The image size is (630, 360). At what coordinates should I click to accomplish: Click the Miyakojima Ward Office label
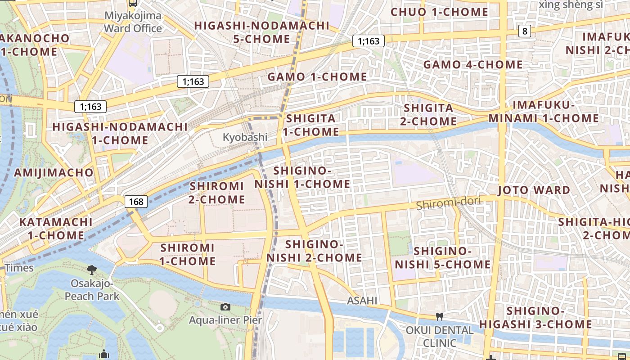pos(133,22)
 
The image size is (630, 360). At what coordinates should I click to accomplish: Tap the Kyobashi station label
pos(245,137)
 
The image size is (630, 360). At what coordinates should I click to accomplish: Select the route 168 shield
pos(136,201)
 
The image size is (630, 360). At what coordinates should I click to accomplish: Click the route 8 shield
pos(524,31)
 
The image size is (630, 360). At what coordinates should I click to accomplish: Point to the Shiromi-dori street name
pos(448,203)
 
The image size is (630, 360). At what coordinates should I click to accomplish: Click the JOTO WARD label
pos(534,190)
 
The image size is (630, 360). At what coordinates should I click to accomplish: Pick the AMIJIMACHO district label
pos(54,173)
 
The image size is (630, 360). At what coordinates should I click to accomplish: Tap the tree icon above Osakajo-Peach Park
pos(92,270)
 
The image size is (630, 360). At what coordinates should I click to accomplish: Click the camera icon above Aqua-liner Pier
pos(225,307)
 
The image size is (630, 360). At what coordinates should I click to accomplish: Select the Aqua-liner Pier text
pos(225,320)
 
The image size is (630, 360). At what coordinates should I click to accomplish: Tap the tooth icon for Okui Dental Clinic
pos(440,317)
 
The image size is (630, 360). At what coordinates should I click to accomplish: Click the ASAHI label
pos(362,301)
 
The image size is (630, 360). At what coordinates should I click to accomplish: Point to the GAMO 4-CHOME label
pos(473,65)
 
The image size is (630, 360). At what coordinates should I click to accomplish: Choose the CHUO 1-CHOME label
pos(439,12)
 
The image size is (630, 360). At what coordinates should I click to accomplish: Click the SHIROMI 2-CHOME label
pos(217,193)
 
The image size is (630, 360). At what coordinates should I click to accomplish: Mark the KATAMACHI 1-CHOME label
pos(56,229)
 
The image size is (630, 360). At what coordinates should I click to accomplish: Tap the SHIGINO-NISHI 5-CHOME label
pos(442,258)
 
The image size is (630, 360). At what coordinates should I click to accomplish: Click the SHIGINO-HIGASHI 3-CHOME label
pos(535,318)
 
